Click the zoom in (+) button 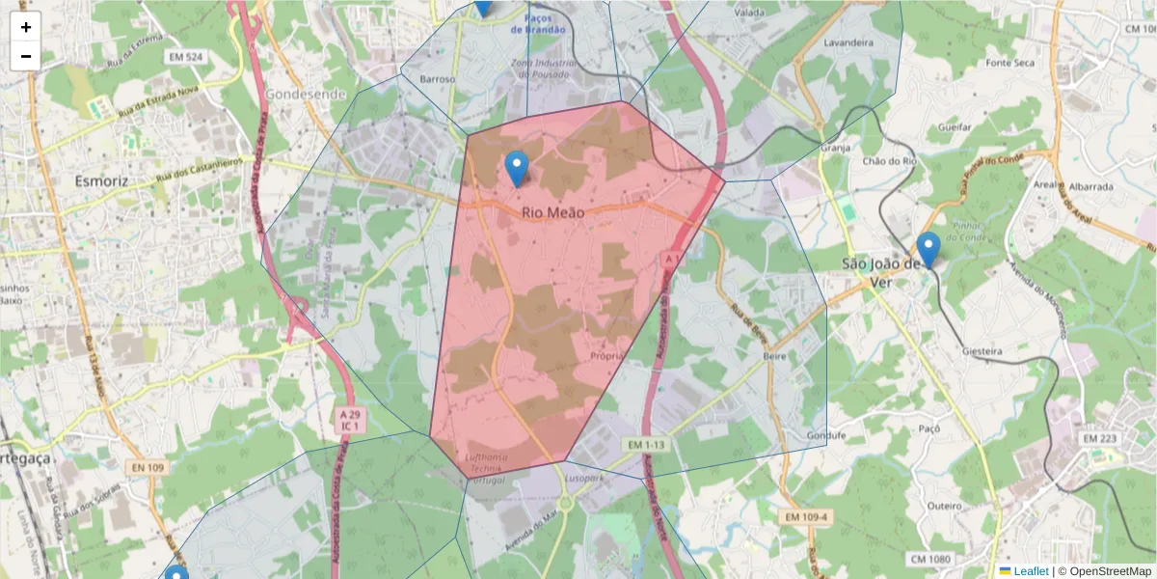[x=26, y=27]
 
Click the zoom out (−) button [x=26, y=56]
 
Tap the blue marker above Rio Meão [x=517, y=170]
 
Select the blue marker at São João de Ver [x=928, y=250]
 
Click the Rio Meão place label [x=552, y=211]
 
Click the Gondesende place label [x=305, y=95]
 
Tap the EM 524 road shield [x=186, y=58]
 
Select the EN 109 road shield [x=145, y=467]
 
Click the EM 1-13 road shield [x=646, y=445]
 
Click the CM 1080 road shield [x=929, y=559]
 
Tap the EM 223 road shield [x=1098, y=439]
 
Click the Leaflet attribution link [x=1031, y=571]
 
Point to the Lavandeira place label [x=848, y=42]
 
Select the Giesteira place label [x=982, y=352]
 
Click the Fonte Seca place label [x=1010, y=63]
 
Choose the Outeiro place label [x=944, y=506]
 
